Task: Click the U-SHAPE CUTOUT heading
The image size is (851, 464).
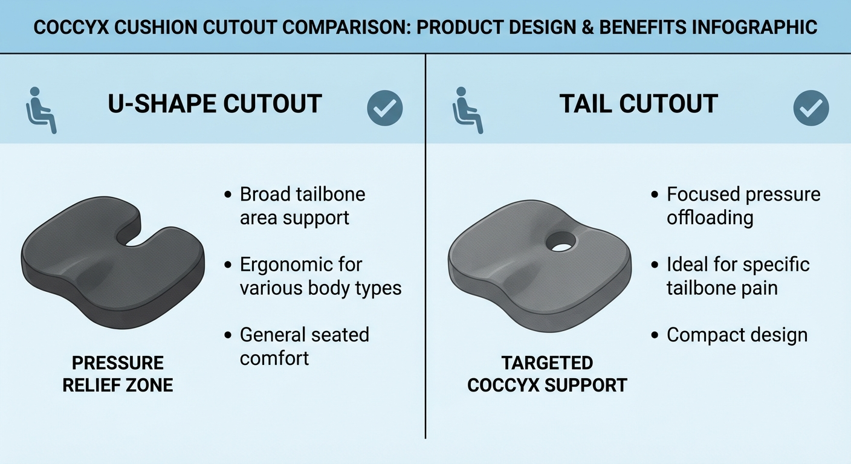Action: (215, 104)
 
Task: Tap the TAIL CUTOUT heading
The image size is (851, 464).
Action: (638, 104)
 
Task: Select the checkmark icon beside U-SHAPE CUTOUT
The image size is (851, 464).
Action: (385, 108)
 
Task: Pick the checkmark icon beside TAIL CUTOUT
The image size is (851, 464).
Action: (811, 108)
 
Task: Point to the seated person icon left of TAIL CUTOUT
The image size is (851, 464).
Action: (467, 109)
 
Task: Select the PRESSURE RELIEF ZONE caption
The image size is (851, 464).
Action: (118, 374)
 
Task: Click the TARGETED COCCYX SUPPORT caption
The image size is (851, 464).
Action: (548, 374)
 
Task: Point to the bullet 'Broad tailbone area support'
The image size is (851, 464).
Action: (302, 205)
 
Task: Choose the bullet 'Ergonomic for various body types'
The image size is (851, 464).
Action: (320, 276)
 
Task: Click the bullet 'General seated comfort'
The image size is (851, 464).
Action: (304, 346)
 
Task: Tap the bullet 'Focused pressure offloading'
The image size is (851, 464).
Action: (743, 205)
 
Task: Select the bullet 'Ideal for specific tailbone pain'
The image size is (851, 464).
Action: (737, 276)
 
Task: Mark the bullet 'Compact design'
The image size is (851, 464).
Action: (737, 335)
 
